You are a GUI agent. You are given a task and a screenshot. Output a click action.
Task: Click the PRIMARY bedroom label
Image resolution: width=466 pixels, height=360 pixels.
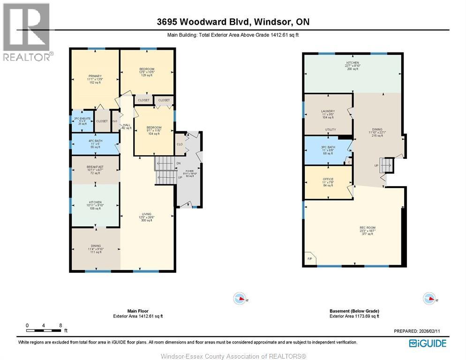[94, 76]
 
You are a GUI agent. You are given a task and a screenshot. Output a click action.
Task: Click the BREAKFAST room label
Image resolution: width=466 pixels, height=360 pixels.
[94, 167]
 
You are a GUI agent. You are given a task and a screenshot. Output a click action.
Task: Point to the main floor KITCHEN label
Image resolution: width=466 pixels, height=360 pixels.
[94, 202]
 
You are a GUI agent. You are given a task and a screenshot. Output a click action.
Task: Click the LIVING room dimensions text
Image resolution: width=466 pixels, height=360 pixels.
[147, 217]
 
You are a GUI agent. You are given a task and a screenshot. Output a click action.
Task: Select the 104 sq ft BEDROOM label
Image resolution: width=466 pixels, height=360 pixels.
[154, 127]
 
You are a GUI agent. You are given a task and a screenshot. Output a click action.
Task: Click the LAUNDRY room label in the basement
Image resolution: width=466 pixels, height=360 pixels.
[328, 111]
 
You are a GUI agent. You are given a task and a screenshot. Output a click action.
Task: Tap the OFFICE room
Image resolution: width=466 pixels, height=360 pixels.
[328, 179]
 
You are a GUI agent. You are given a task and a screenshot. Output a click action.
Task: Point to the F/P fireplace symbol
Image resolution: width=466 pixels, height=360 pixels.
[309, 259]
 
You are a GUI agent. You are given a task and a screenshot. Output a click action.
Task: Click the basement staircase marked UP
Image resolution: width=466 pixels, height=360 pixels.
[386, 165]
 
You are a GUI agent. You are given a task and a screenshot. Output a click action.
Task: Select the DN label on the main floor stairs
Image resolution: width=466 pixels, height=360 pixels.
[178, 163]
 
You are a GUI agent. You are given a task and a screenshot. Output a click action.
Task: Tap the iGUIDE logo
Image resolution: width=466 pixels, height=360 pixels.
[427, 343]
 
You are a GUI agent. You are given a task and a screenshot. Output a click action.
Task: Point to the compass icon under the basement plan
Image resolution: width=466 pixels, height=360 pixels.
[429, 298]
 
